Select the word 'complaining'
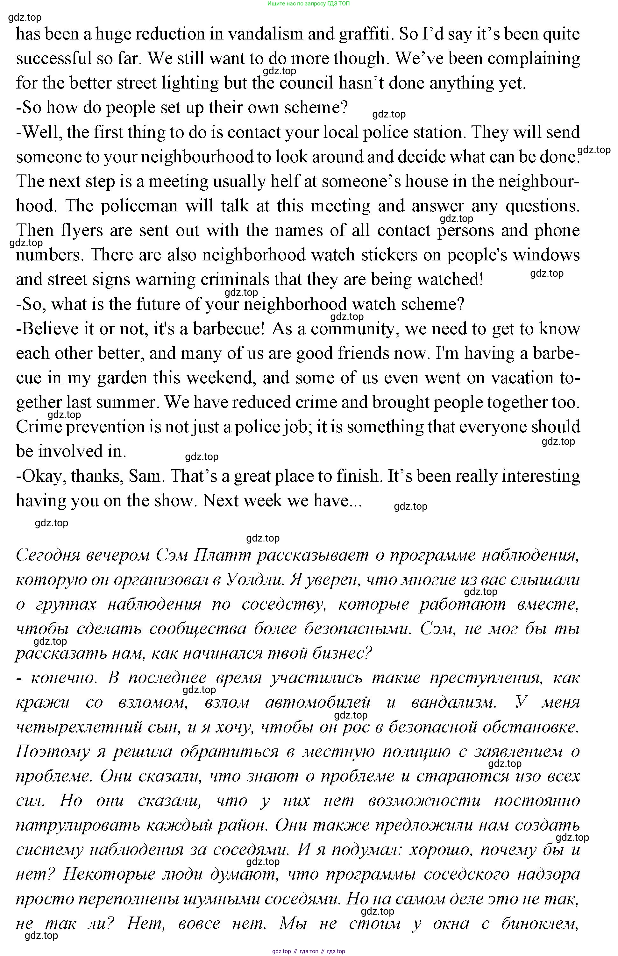tap(529, 59)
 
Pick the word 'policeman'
tap(139, 206)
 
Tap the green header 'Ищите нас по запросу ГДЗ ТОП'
tap(308, 4)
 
